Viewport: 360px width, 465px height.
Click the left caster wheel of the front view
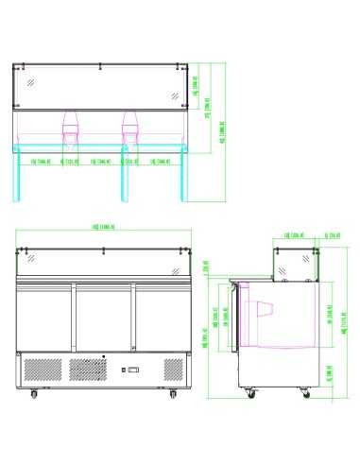(35, 391)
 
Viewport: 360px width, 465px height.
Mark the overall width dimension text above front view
(104, 228)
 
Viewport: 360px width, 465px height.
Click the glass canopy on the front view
(104, 260)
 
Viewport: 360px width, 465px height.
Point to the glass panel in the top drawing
(104, 87)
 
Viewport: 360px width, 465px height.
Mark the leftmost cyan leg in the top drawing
(20, 175)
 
